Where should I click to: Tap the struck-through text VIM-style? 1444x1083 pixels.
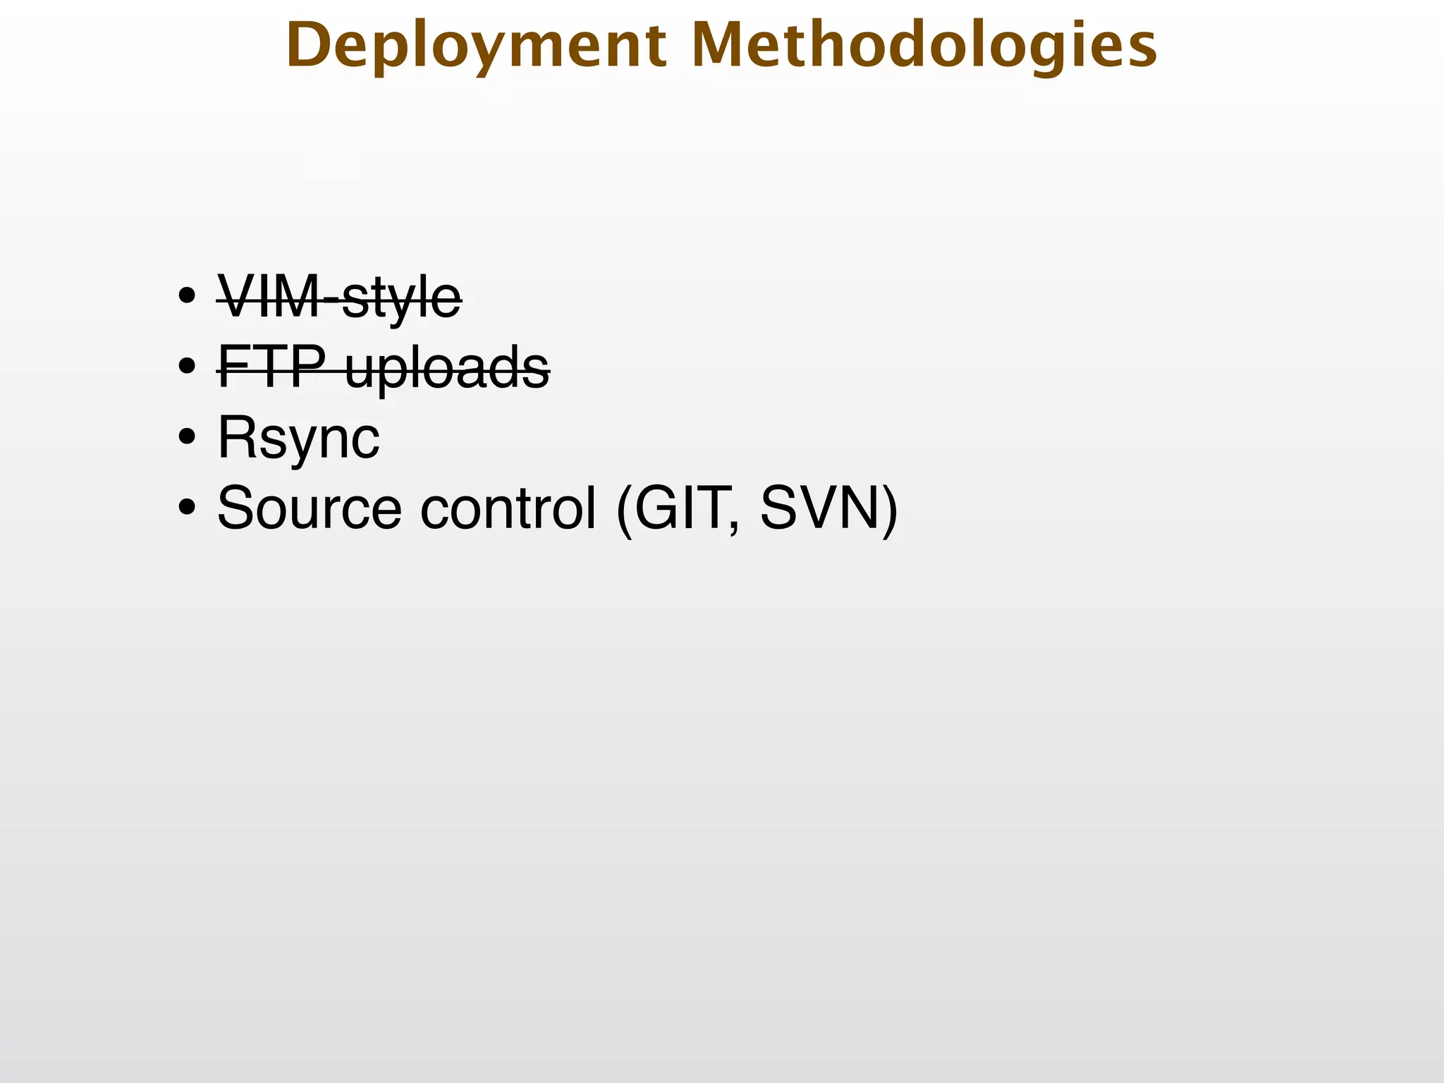click(x=339, y=298)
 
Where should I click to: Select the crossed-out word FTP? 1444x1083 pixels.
click(x=272, y=367)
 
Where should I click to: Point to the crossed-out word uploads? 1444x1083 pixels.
click(x=447, y=368)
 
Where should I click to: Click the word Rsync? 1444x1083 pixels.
click(x=298, y=439)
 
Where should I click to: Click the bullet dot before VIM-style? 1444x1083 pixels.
click(x=187, y=297)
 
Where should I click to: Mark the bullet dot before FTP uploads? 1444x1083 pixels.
click(x=187, y=367)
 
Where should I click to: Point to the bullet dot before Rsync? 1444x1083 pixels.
click(x=187, y=437)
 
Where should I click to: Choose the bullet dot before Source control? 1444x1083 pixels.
click(x=187, y=508)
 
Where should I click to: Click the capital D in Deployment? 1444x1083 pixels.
click(x=310, y=46)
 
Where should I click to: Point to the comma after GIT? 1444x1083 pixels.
click(x=738, y=527)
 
